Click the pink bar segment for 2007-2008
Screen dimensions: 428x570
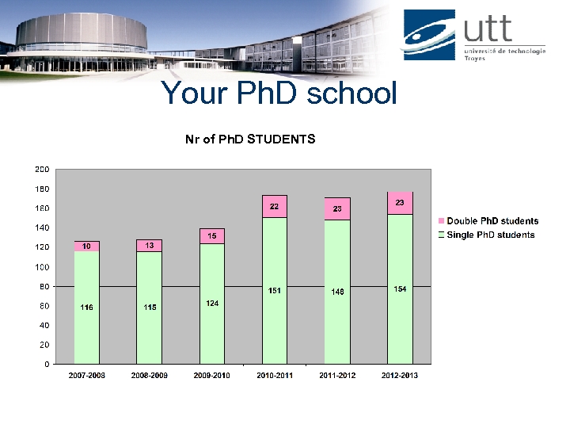(x=87, y=246)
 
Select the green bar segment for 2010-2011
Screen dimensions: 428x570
(x=275, y=290)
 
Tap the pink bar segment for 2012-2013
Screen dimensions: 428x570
(x=400, y=203)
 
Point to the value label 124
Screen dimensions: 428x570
(x=212, y=304)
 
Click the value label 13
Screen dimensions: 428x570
(x=149, y=246)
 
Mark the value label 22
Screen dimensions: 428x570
(x=275, y=206)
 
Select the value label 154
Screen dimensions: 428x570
(x=400, y=289)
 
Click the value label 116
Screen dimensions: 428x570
(x=87, y=308)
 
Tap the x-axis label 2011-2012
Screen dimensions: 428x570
(x=337, y=376)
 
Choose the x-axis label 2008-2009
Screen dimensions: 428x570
(x=149, y=376)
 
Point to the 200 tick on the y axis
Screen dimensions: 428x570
(x=42, y=170)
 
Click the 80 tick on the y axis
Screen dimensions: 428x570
(x=44, y=286)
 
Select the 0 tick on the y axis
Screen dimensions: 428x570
(x=47, y=364)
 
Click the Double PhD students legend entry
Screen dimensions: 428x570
(x=488, y=221)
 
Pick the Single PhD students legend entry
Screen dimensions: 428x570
(x=487, y=235)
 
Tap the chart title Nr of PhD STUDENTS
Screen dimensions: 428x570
(x=250, y=139)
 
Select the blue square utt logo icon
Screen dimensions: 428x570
(x=429, y=35)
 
